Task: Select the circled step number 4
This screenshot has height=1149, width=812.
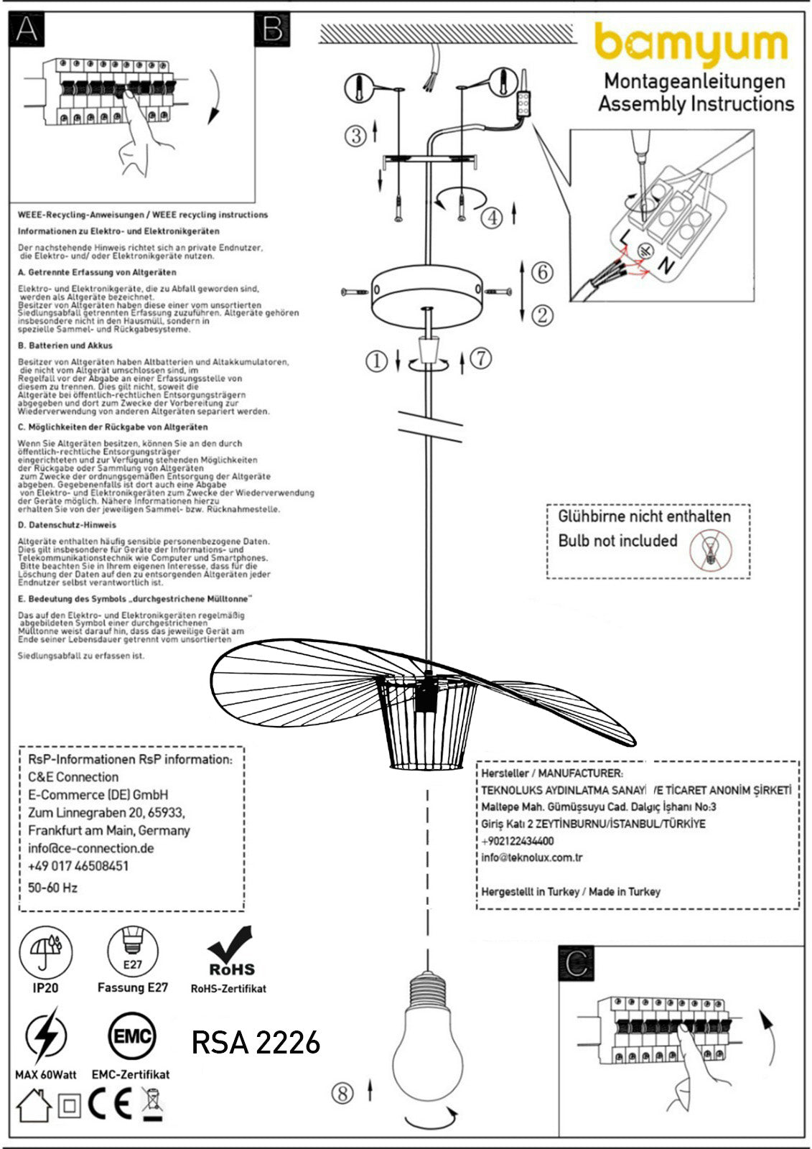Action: coord(491,217)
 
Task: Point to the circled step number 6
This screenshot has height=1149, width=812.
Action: coord(543,272)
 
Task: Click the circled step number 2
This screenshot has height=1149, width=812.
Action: coord(543,315)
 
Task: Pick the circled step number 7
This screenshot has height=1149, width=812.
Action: coord(481,357)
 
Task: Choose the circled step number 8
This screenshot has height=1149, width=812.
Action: coord(342,1093)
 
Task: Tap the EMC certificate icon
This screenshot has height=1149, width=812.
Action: coord(131,1036)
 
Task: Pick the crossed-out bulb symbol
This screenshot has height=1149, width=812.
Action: coord(711,550)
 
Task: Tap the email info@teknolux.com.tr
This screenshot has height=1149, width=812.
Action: coord(532,857)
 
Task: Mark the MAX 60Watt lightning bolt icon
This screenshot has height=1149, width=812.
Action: coord(45,1037)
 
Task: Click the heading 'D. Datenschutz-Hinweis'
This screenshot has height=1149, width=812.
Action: coord(67,525)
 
